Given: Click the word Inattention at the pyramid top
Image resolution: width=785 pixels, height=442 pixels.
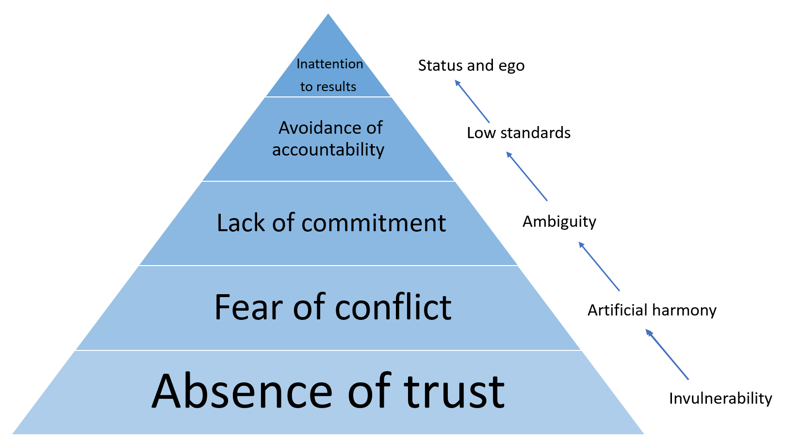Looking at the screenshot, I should pos(329,64).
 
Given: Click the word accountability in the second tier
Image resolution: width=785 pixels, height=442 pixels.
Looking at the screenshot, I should pos(328,150).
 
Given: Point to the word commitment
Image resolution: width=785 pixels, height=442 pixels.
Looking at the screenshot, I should pos(373,223).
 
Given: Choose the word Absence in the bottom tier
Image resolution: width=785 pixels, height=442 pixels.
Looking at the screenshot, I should pos(242,392).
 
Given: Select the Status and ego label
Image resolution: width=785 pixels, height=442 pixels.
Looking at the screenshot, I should pos(471,65).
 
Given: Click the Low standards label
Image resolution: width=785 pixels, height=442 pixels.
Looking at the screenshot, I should pos(519,133).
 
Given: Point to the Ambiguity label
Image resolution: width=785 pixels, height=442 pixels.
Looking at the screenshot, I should pos(559,221).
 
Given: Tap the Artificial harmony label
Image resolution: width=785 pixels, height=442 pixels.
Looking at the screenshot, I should pos(652,310).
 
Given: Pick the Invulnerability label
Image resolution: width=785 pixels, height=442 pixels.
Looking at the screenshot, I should pos(720,398).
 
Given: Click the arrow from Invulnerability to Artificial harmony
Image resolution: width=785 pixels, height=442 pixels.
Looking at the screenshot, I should pos(667,354).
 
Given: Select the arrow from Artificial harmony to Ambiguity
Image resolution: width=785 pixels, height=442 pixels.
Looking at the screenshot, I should pos(599,267).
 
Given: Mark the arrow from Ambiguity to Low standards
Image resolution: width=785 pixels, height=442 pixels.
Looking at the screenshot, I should pos(527,176).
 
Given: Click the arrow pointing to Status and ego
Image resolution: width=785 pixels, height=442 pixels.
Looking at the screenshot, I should pos(472,101).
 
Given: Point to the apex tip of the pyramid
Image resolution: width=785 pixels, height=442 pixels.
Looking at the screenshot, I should pos(328,15).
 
